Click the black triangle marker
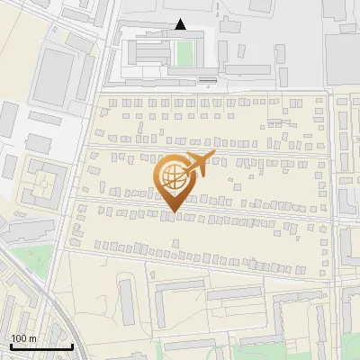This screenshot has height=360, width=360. [181, 25]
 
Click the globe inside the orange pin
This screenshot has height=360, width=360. [174, 178]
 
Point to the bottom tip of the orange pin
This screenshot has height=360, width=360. [173, 212]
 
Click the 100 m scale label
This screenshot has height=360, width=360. [23, 338]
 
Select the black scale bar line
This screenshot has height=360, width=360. [40, 346]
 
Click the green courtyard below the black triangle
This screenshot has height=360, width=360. [184, 54]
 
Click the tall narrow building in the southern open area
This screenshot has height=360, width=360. [125, 301]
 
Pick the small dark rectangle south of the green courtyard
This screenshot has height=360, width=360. [208, 81]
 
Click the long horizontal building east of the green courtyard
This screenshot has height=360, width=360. [247, 68]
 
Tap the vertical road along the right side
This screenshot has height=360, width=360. [331, 180]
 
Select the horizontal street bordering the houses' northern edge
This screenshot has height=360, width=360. [207, 90]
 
